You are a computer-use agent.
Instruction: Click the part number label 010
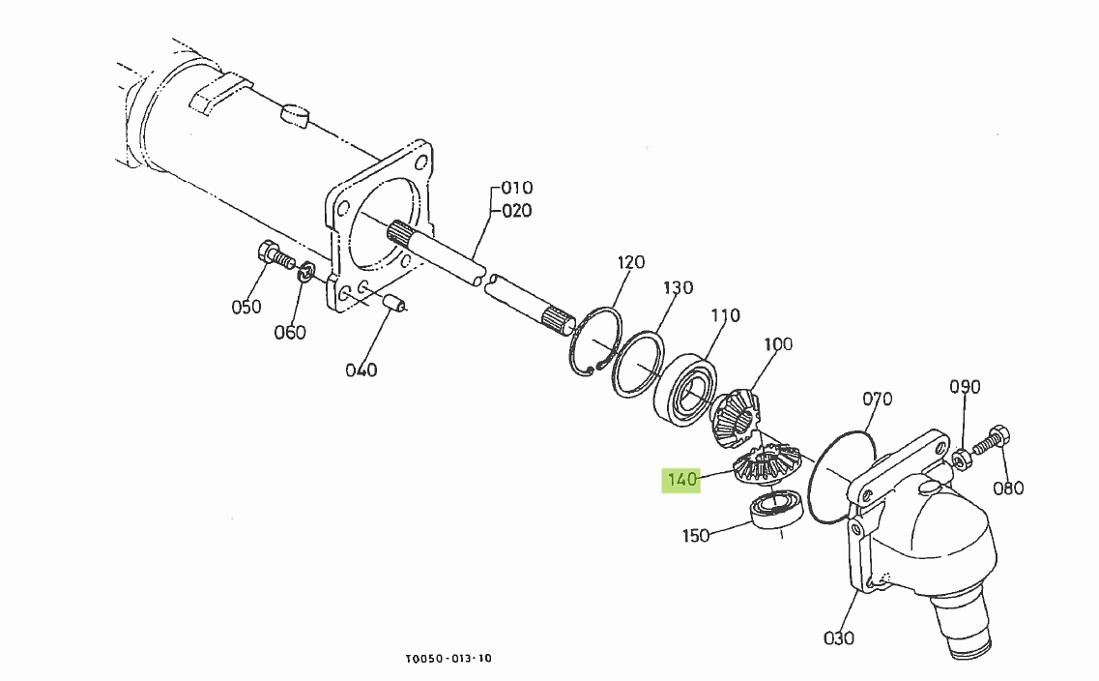tap(516, 188)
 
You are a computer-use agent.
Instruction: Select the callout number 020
tap(516, 211)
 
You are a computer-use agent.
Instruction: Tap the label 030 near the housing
tap(839, 637)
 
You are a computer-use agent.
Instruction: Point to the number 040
tap(362, 370)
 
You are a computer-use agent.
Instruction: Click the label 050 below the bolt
tap(246, 308)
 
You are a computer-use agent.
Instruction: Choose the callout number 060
tap(290, 333)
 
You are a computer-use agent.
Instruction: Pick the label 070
tap(877, 399)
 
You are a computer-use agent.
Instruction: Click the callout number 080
tap(1008, 488)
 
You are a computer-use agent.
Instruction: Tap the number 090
tap(965, 387)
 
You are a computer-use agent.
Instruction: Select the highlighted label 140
tap(681, 480)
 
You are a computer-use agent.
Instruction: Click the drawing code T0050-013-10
tap(448, 659)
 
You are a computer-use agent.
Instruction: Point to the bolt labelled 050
tap(275, 257)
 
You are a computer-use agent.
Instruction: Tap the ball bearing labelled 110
tap(688, 392)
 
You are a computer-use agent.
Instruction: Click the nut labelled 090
tap(963, 458)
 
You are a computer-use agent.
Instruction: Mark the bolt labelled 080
tap(989, 441)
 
